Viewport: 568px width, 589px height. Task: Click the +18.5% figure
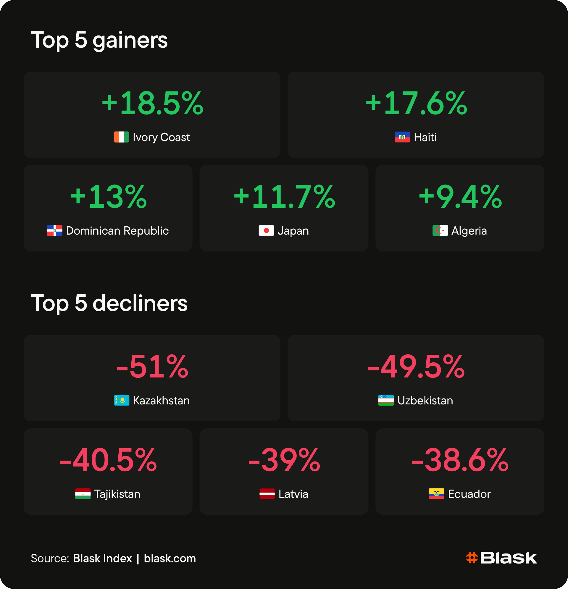pos(153,103)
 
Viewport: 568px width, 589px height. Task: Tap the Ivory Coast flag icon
pos(121,137)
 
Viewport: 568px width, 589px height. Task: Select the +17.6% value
pos(417,103)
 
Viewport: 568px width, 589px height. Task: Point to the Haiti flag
pos(402,137)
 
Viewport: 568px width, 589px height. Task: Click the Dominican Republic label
pos(117,231)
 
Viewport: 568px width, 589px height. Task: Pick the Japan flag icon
pos(266,230)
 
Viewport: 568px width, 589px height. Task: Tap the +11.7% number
pos(284,197)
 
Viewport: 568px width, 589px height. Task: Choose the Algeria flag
pos(440,230)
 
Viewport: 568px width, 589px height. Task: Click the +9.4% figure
pos(460,197)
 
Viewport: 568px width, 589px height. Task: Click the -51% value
pos(152,367)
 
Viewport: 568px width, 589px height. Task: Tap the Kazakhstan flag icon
pos(122,400)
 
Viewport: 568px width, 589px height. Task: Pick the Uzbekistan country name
pos(425,401)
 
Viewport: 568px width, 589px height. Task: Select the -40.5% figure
pos(108,460)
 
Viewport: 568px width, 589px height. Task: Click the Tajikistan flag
pos(83,494)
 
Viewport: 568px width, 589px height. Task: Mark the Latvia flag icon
pos(267,494)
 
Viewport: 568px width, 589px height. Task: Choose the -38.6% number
pos(460,460)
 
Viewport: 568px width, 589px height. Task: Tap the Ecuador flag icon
pos(436,494)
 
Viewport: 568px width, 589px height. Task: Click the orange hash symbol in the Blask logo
pos(472,558)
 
